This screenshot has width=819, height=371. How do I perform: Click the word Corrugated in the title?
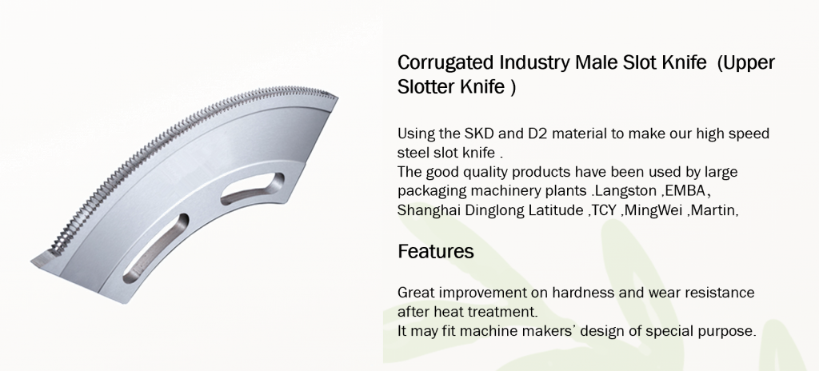[x=445, y=62]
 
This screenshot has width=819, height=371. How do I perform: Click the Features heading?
[x=436, y=251]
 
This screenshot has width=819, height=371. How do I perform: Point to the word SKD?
[x=477, y=134]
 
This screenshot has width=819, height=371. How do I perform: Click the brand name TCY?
[x=603, y=210]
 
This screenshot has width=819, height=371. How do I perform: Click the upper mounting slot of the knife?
[x=252, y=189]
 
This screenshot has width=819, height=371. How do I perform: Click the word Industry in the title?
[x=533, y=62]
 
